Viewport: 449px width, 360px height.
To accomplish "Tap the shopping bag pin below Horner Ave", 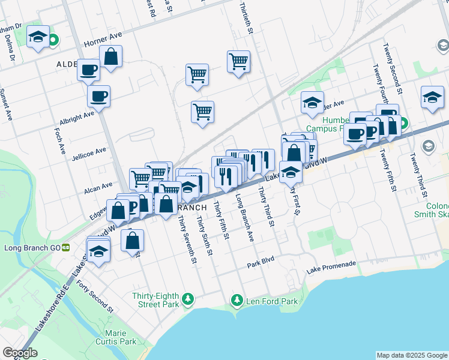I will point(111,58).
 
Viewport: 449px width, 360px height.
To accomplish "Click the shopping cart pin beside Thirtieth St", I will point(238,61).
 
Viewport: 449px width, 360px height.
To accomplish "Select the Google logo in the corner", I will point(20,353).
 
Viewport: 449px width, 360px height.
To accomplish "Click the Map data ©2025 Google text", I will point(412,355).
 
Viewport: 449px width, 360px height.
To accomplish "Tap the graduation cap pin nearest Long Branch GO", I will point(98,252).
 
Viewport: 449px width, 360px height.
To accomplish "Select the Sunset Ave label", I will point(8,105).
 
